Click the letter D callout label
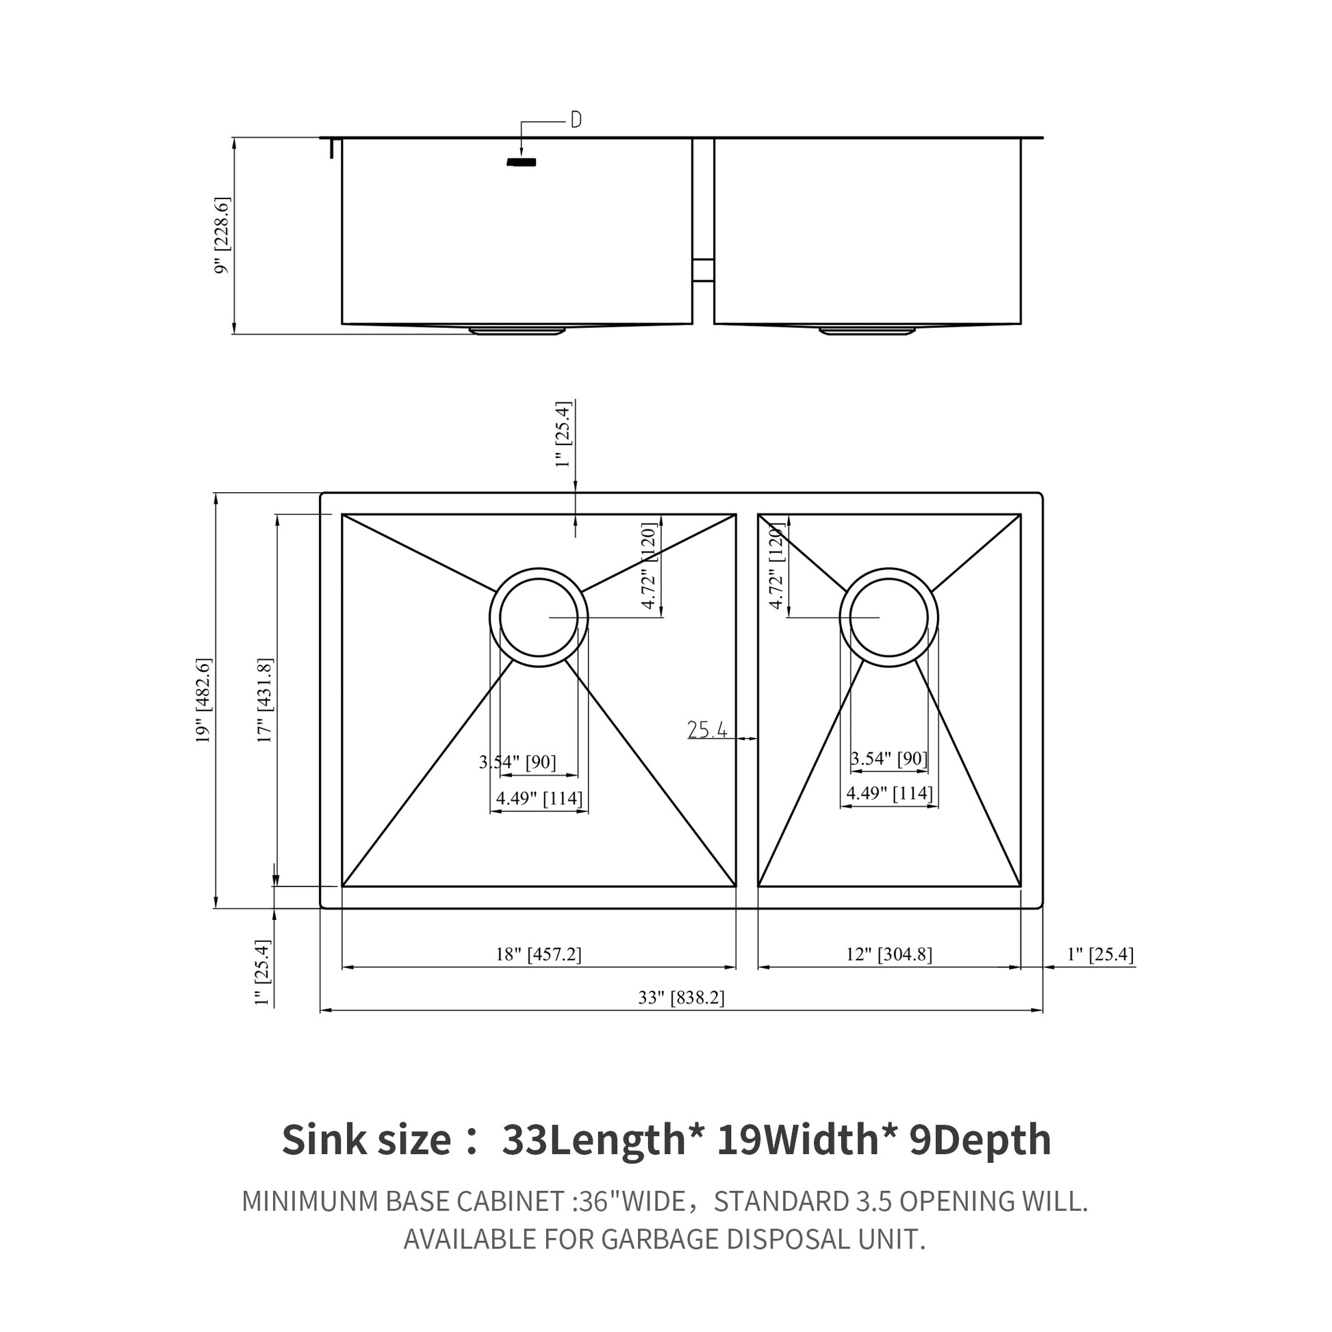576,120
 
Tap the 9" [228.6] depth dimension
222,235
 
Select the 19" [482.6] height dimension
203,700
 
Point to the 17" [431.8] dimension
265,700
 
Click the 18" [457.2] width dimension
539,955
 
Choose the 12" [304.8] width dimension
888,955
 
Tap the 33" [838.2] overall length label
681,997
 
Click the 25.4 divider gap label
707,730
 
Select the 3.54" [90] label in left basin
517,762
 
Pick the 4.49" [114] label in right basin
889,793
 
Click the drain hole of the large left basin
539,617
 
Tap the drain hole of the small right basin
888,617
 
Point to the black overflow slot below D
521,162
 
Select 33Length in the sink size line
593,1140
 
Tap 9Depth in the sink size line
979,1140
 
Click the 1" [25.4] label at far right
1101,955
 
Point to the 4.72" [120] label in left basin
649,566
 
